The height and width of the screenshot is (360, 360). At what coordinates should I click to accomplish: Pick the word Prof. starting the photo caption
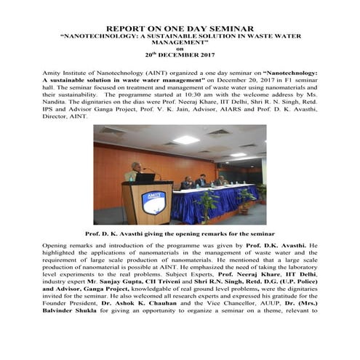(x=94, y=233)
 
